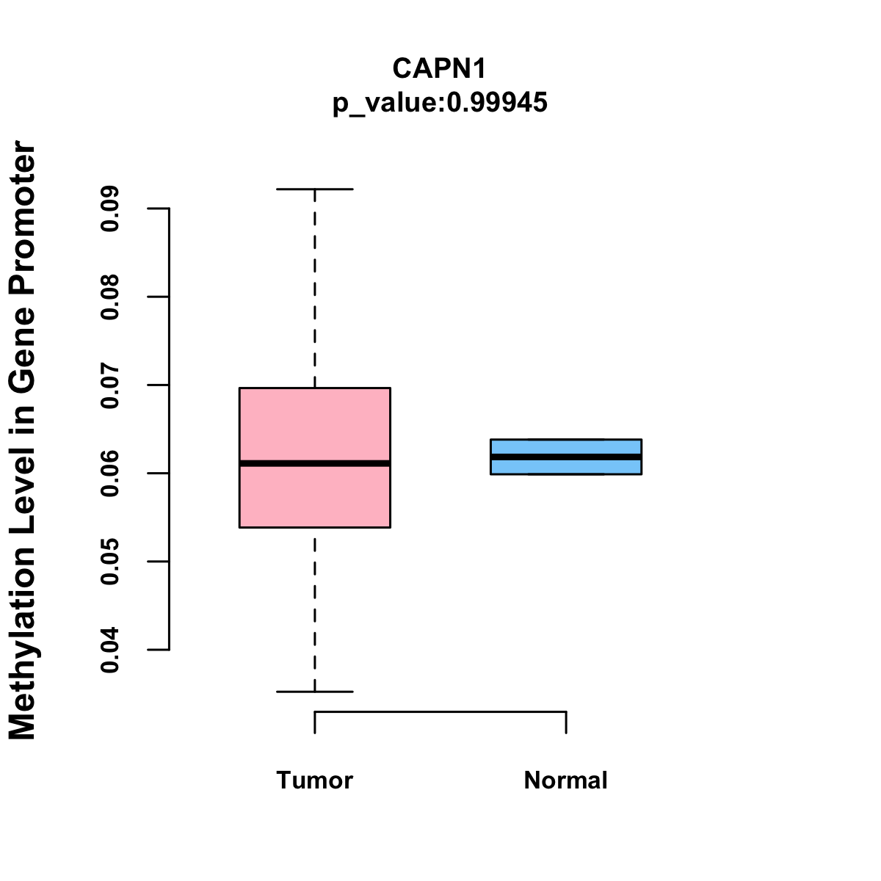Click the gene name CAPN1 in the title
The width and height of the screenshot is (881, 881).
(440, 68)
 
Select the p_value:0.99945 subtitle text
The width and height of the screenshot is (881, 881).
(440, 103)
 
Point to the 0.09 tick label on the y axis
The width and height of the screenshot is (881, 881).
(110, 209)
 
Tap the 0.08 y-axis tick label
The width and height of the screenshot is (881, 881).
(110, 297)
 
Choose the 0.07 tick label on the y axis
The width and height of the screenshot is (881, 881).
(110, 385)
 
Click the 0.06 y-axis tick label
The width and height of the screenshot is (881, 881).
(110, 474)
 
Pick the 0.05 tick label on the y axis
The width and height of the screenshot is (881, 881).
(110, 562)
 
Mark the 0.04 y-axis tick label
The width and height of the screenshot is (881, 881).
(110, 650)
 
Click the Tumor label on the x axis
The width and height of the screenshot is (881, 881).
(315, 780)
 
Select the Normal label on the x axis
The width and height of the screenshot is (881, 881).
(566, 780)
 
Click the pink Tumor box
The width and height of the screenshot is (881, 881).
(315, 426)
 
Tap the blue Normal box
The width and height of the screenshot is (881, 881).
(566, 447)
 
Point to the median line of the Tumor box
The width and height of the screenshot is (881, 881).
(315, 463)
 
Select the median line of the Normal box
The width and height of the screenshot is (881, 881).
(566, 457)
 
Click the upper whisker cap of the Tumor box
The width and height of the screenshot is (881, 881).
(315, 189)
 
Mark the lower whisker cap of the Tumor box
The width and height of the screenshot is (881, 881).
(315, 692)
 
